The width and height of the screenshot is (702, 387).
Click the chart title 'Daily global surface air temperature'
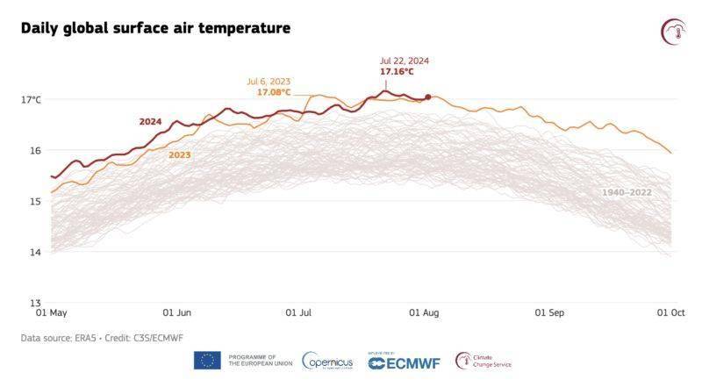(x=155, y=29)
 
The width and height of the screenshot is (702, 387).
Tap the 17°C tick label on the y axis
(x=31, y=99)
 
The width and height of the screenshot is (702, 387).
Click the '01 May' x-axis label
(x=51, y=312)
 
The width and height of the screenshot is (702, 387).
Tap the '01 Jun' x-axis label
(x=177, y=312)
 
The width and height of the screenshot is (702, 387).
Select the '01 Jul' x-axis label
(x=299, y=312)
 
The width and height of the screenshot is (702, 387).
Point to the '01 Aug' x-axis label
(x=425, y=312)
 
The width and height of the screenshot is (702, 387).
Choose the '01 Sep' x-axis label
(x=551, y=312)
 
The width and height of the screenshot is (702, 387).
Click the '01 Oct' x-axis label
(x=672, y=312)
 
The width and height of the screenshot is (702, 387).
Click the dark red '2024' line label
(x=150, y=121)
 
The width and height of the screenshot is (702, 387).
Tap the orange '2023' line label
(x=180, y=155)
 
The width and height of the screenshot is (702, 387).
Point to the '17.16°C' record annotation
(x=397, y=71)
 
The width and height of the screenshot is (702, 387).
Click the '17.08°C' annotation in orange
(x=273, y=92)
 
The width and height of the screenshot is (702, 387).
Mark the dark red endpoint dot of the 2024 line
(x=427, y=97)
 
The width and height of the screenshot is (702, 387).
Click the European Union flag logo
(x=207, y=360)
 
